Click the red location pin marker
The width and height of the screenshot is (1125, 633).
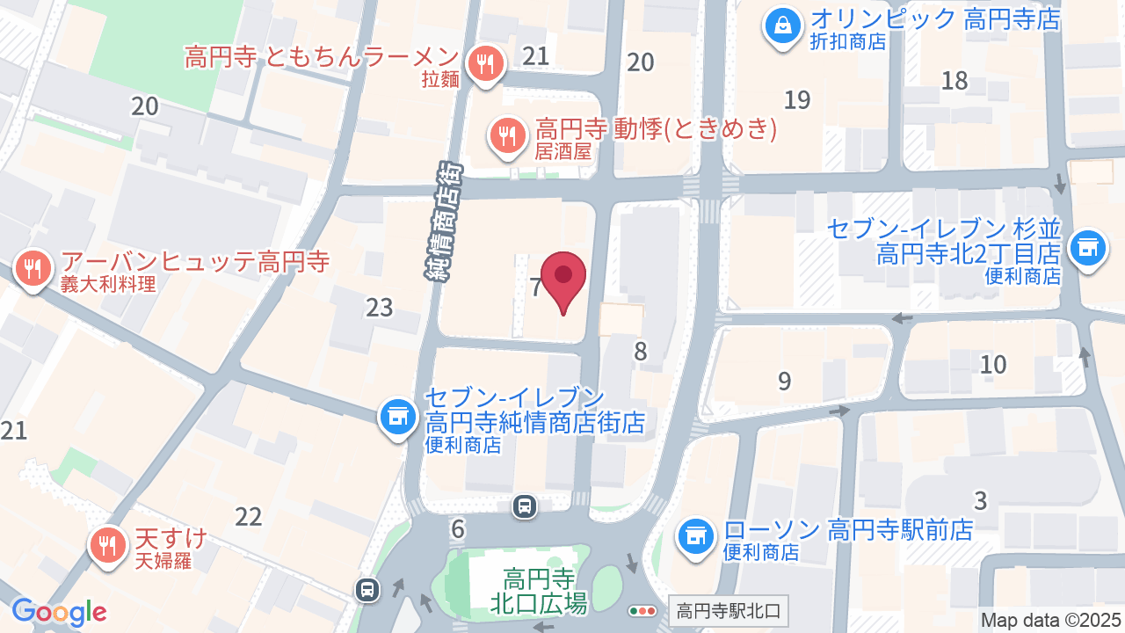click(x=563, y=279)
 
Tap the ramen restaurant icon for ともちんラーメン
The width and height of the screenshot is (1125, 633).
click(x=483, y=63)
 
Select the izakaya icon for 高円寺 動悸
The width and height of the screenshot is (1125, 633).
click(x=506, y=136)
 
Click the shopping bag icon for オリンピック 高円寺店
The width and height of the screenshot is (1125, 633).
click(x=781, y=25)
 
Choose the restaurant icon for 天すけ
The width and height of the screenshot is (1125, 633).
click(x=107, y=545)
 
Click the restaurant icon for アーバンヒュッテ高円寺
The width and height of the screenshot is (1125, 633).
click(x=33, y=267)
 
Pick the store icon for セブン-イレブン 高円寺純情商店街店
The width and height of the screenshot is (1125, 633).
click(x=397, y=417)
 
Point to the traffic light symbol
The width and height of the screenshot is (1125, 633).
click(x=642, y=610)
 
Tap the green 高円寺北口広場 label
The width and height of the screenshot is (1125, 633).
click(x=539, y=591)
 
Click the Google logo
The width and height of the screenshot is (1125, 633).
click(x=59, y=612)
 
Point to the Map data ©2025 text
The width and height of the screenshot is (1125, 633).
click(x=1051, y=620)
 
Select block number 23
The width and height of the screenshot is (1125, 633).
click(x=380, y=308)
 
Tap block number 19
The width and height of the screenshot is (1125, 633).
click(x=797, y=99)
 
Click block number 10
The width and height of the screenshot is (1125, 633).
click(x=993, y=364)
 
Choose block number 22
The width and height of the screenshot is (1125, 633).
click(x=249, y=517)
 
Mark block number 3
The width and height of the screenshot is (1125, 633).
click(x=981, y=501)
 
